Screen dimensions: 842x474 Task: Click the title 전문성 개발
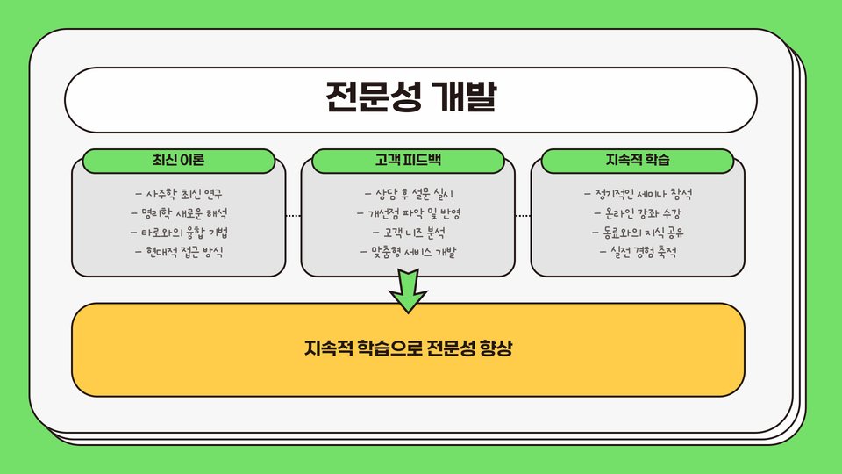pyautogui.click(x=410, y=97)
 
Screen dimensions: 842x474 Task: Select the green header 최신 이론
pyautogui.click(x=178, y=161)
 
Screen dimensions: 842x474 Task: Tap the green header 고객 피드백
pyautogui.click(x=408, y=161)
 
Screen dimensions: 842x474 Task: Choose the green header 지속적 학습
pyautogui.click(x=638, y=161)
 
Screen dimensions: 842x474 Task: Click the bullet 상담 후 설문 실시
pyautogui.click(x=408, y=193)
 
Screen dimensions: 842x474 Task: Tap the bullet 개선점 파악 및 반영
pyautogui.click(x=408, y=212)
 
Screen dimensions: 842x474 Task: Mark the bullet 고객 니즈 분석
pyautogui.click(x=408, y=233)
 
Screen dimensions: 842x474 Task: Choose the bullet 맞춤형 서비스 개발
pyautogui.click(x=408, y=252)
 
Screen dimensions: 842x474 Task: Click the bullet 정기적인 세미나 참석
pyautogui.click(x=639, y=193)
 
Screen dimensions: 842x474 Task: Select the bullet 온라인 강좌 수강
pyautogui.click(x=639, y=212)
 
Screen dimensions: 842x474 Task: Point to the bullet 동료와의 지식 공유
pyautogui.click(x=639, y=233)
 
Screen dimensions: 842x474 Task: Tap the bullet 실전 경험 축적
pyautogui.click(x=639, y=252)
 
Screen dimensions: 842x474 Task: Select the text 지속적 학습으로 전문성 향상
pyautogui.click(x=408, y=348)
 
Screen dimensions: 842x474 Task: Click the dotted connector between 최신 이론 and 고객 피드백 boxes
pyautogui.click(x=293, y=215)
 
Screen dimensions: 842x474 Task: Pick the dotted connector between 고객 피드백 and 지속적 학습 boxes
pyautogui.click(x=523, y=215)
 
